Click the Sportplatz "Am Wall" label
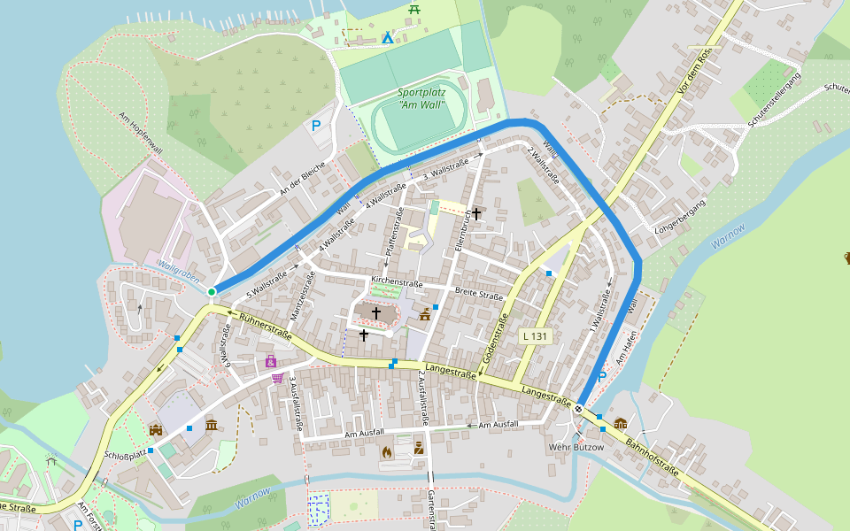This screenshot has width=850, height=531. click(421, 98)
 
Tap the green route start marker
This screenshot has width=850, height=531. click(212, 291)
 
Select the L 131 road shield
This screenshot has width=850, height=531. click(536, 336)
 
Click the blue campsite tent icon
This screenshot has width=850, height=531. click(387, 37)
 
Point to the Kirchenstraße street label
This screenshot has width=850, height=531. click(397, 282)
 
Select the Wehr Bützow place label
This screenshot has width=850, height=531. click(576, 447)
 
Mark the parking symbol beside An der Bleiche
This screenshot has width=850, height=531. click(316, 126)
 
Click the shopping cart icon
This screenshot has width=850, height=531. click(277, 378)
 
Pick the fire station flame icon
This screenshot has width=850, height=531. click(387, 451)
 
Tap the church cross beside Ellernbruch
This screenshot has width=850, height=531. click(476, 213)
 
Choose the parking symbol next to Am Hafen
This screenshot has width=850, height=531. click(603, 377)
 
